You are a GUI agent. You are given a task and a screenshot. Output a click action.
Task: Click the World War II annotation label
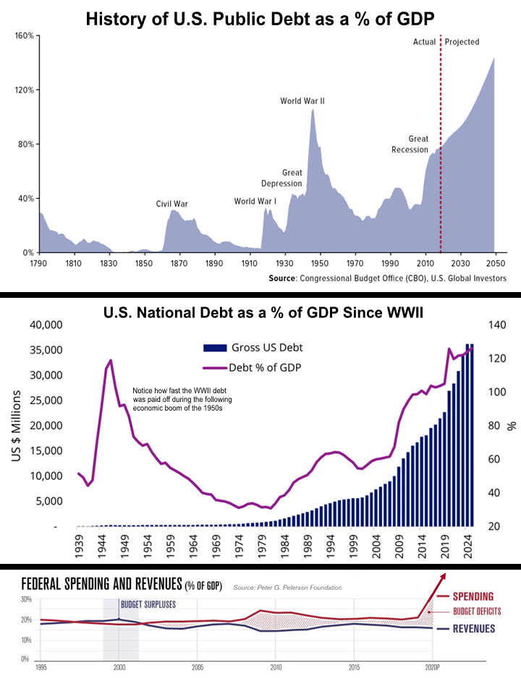(302, 101)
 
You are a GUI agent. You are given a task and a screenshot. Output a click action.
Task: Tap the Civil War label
(172, 204)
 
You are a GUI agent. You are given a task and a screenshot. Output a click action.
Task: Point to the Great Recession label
(410, 145)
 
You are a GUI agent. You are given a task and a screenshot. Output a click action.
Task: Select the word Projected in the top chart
(462, 42)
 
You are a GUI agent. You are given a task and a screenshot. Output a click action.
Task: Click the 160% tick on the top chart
(25, 35)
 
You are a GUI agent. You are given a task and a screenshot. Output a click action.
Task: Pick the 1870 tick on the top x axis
(179, 263)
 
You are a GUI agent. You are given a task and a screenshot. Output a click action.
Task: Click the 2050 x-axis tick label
(495, 263)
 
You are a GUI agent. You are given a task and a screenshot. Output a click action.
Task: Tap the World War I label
(255, 202)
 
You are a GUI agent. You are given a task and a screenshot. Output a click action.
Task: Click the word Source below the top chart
(281, 278)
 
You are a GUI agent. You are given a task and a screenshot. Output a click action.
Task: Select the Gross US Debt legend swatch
(215, 348)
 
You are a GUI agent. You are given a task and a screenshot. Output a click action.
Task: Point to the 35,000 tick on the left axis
(46, 350)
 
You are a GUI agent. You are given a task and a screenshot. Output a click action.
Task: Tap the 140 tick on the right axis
(497, 325)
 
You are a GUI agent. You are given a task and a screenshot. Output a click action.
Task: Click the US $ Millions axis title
(17, 426)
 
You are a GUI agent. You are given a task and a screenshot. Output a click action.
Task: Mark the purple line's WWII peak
(110, 360)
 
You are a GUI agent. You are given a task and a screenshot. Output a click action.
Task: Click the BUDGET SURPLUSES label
(148, 604)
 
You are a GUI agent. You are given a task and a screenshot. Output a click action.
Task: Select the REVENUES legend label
(474, 629)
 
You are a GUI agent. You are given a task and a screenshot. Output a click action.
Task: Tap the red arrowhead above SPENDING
(443, 575)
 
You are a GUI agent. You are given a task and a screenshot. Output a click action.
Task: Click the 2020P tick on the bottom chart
(433, 667)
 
